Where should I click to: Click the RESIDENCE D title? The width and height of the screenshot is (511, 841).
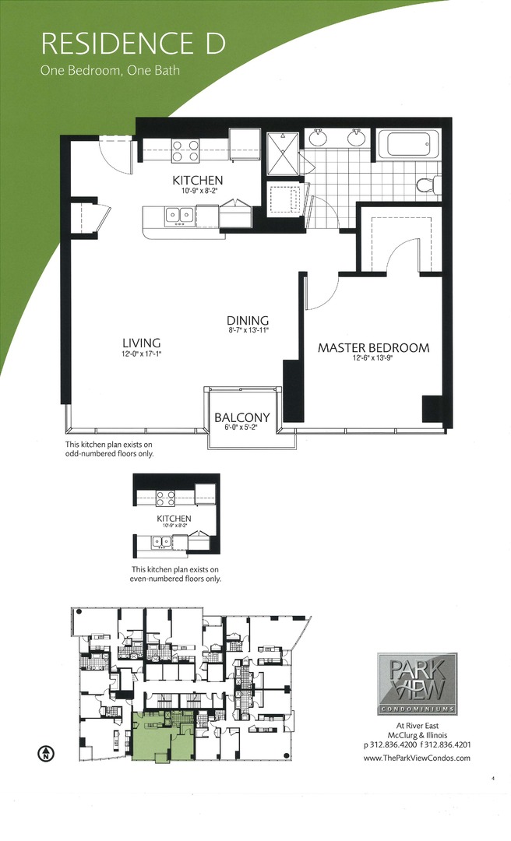(x=133, y=43)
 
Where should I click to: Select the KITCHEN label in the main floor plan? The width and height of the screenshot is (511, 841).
(x=198, y=181)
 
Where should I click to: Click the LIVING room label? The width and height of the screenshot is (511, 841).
(x=142, y=343)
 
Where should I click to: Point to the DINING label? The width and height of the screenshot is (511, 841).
(x=248, y=320)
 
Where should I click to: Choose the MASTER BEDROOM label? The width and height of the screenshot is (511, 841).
(x=373, y=348)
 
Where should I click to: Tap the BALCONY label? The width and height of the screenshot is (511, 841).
(x=242, y=417)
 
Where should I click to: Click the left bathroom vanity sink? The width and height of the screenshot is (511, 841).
(x=318, y=139)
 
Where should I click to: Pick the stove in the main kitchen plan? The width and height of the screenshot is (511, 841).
(x=185, y=150)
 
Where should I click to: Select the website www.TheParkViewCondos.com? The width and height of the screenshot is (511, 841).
(x=417, y=758)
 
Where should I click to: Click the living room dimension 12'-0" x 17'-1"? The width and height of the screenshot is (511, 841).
(x=142, y=355)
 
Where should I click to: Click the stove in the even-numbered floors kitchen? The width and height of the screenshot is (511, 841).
(x=165, y=498)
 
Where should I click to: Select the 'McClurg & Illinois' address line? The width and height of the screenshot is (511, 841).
(x=417, y=734)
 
